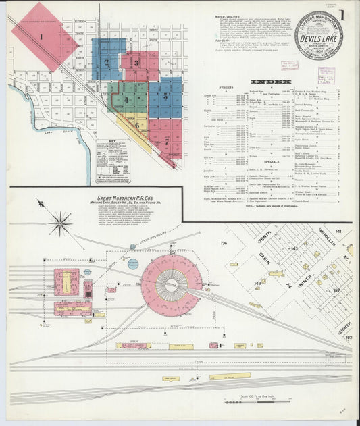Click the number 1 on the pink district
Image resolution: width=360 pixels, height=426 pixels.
click(42, 37)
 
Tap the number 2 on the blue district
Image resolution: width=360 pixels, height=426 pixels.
click(107, 63)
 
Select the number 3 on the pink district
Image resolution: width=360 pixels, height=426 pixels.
click(136, 64)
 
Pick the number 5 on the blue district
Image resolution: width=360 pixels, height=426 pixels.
click(165, 97)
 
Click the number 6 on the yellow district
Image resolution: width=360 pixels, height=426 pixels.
click(136, 125)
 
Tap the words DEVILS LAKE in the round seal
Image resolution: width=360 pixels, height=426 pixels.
click(318, 39)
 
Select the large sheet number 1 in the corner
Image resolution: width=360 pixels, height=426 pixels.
click(344, 15)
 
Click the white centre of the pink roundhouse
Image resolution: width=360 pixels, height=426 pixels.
click(171, 284)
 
